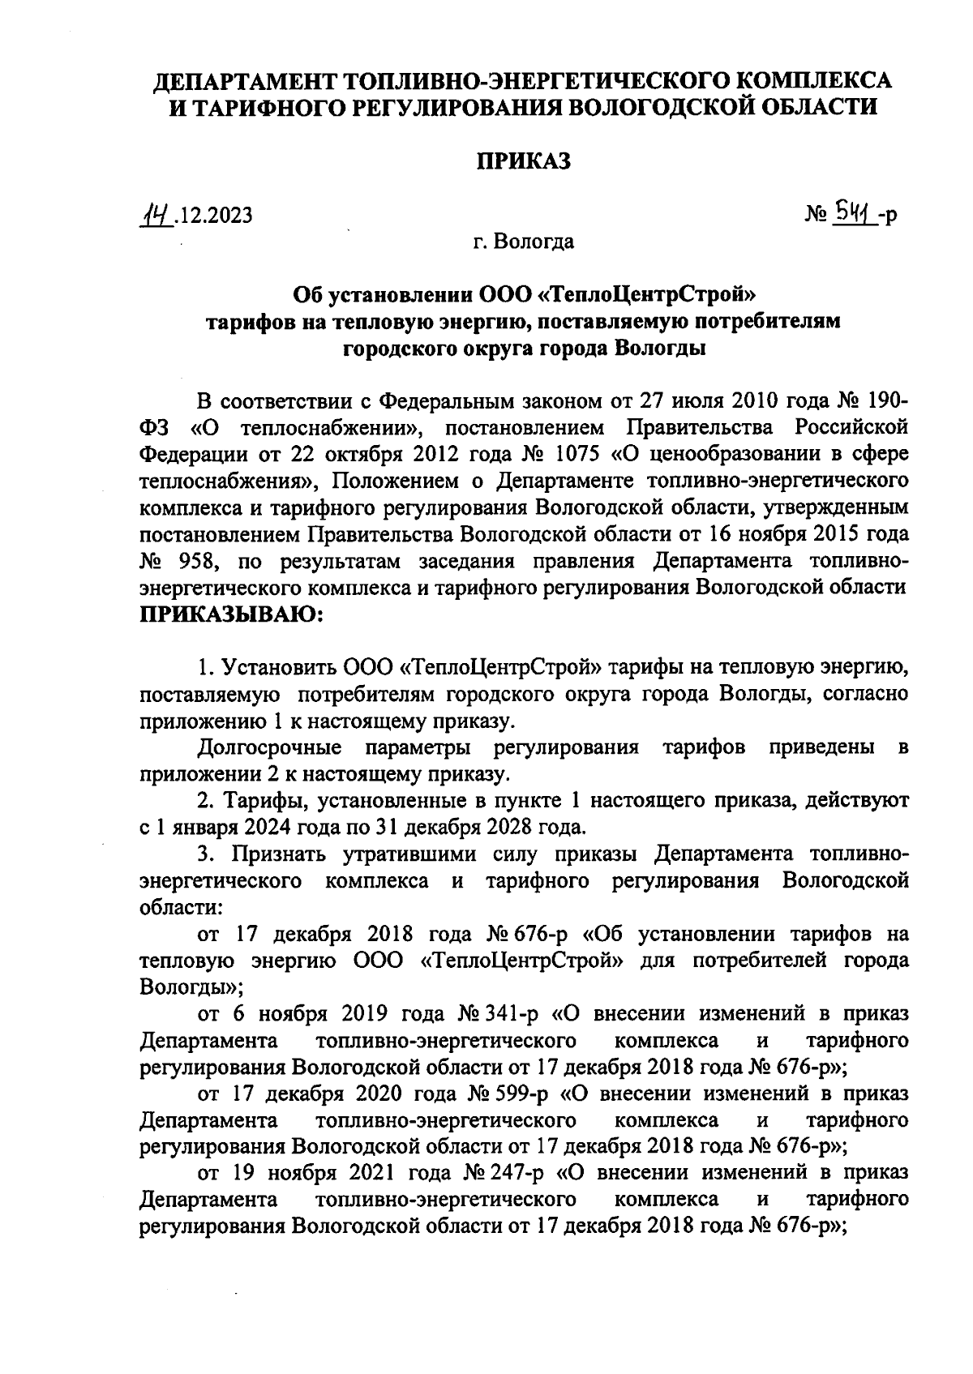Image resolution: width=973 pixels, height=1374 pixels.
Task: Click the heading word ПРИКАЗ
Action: tap(523, 161)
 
